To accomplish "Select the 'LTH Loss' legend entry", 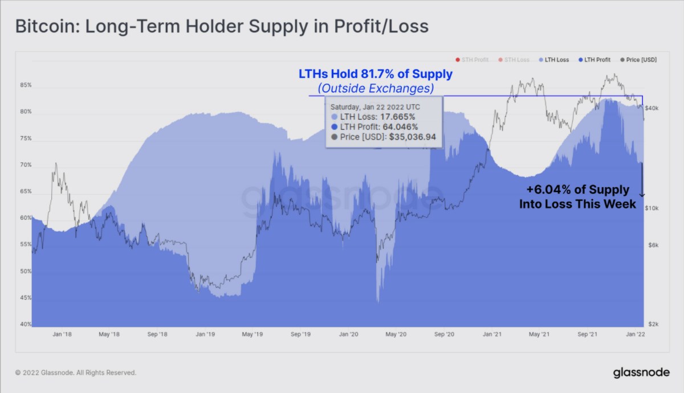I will click(556, 60).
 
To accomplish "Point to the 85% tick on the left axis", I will click(26, 85).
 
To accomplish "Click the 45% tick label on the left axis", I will click(26, 298).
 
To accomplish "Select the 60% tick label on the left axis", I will click(26, 218).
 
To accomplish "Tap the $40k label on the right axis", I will click(653, 108).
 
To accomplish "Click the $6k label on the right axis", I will click(653, 245).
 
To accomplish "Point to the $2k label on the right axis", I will click(653, 324).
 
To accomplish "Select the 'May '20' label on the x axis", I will click(394, 334).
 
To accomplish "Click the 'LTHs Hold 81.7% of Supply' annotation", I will click(376, 74).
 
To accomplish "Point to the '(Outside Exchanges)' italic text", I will click(376, 88).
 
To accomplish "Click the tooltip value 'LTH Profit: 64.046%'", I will click(379, 127).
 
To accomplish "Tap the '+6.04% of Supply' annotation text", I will click(578, 190).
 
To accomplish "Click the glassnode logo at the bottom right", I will click(641, 373).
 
